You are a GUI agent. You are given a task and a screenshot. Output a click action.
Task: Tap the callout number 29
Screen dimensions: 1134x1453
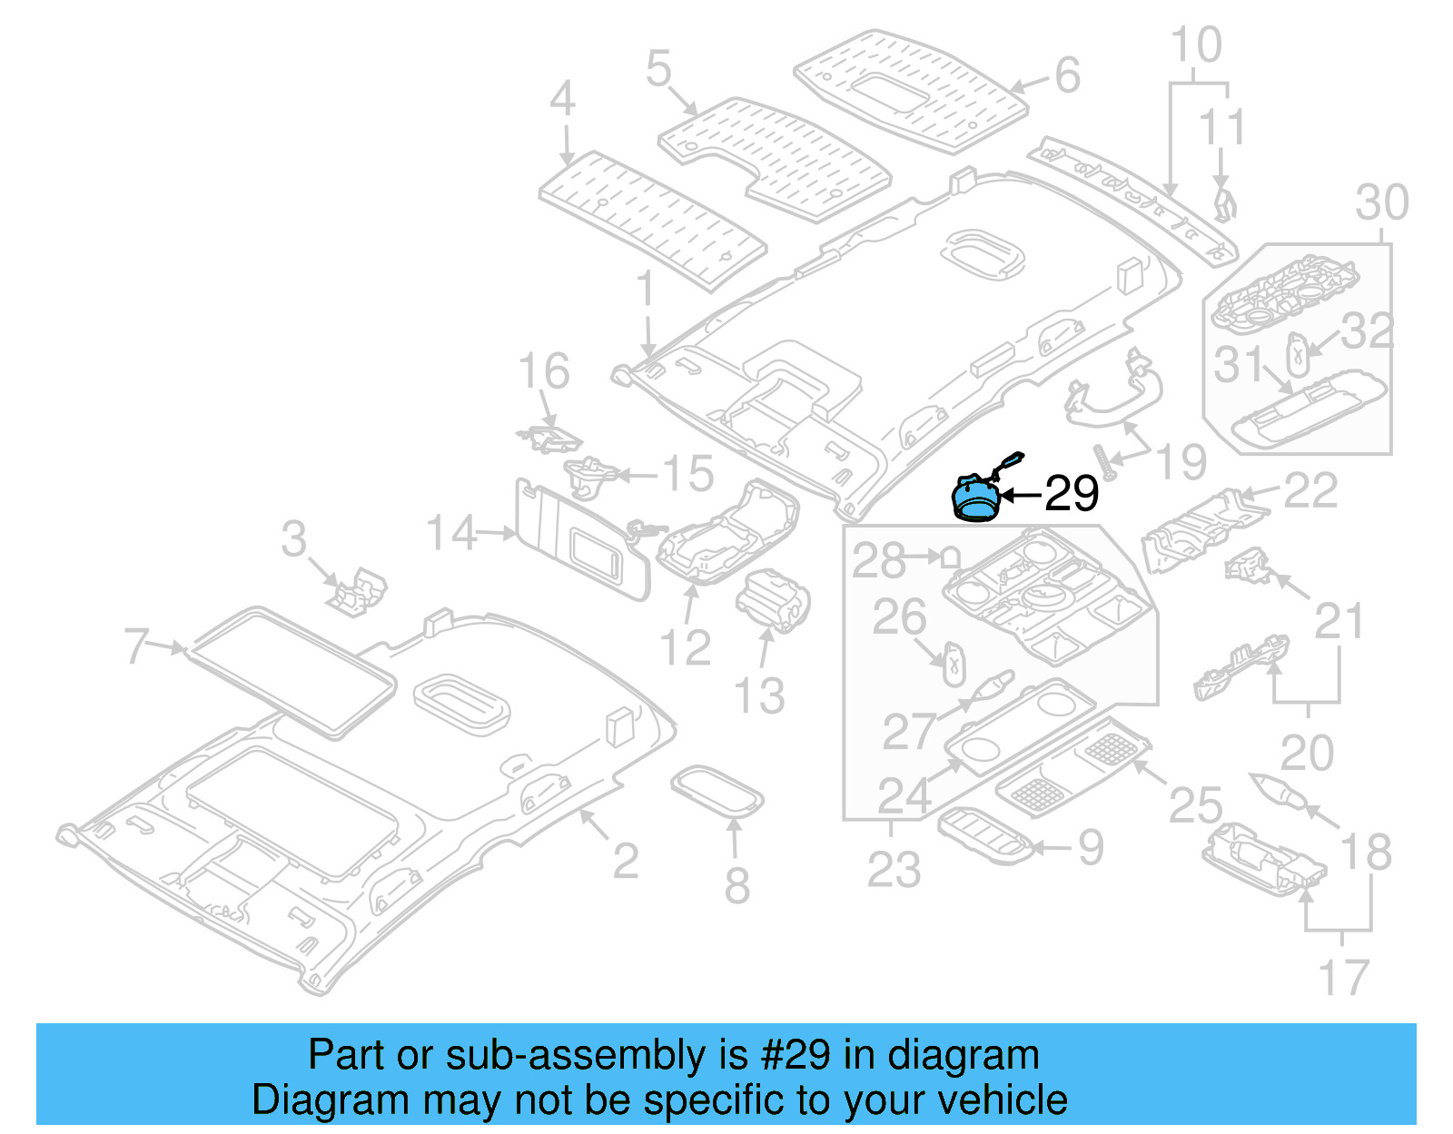1072,493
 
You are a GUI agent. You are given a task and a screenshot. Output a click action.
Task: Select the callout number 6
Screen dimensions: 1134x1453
1068,75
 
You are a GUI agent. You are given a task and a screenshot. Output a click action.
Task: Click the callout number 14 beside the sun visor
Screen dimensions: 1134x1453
451,533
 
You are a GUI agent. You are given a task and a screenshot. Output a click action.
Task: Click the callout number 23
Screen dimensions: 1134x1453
894,869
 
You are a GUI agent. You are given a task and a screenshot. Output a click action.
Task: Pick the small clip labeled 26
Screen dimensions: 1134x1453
953,662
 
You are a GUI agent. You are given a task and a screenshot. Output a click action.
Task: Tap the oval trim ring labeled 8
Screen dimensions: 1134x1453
717,791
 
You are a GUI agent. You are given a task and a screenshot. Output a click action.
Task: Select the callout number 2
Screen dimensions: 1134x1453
625,861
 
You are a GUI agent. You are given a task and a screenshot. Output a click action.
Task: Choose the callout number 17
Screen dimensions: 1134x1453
1343,978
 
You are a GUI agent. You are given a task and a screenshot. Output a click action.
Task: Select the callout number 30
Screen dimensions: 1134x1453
1382,202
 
